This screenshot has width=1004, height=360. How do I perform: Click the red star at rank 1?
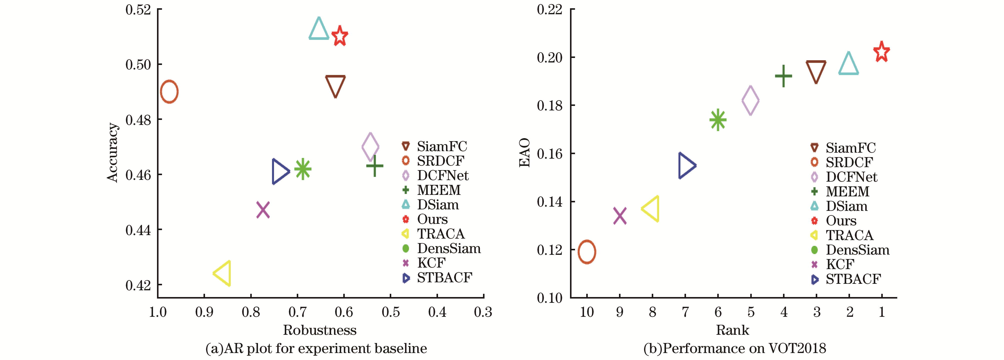point(881,52)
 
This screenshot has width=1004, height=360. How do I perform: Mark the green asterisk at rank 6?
point(717,120)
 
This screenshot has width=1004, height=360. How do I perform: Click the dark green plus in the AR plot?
point(374,166)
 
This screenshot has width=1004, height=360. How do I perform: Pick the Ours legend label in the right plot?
point(841,221)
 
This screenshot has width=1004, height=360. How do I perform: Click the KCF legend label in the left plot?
point(431,263)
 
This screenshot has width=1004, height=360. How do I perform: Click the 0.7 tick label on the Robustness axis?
point(297,312)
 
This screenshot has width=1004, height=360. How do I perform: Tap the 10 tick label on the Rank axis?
point(586,312)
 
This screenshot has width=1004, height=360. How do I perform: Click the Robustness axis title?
point(319,330)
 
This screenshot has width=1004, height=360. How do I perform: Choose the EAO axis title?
point(524,152)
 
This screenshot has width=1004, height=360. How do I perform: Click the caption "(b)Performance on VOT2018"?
point(735,348)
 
